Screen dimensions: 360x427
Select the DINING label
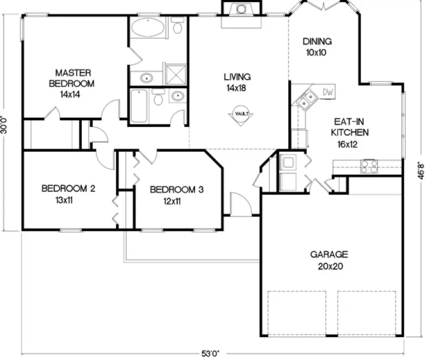[x=317, y=42]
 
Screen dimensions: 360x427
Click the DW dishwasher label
[x=328, y=93]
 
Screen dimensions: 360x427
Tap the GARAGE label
[x=329, y=254]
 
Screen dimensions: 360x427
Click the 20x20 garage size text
[x=329, y=266]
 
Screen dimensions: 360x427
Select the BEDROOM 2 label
[x=68, y=189]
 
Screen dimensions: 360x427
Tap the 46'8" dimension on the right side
[x=420, y=173]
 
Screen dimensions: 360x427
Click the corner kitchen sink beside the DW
[x=307, y=99]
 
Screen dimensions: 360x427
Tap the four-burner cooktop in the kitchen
[x=369, y=166]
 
